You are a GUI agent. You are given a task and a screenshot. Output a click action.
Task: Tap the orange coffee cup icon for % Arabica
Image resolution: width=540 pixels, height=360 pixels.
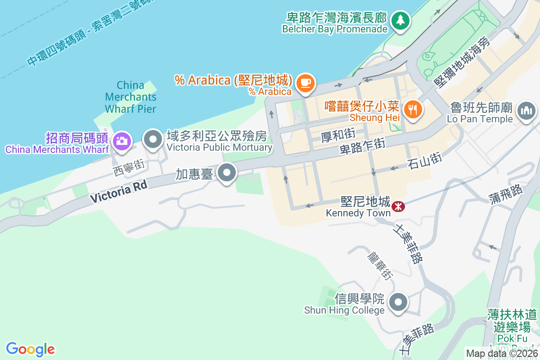(306, 82)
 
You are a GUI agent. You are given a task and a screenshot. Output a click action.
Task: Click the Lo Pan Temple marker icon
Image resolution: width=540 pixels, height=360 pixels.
(526, 110)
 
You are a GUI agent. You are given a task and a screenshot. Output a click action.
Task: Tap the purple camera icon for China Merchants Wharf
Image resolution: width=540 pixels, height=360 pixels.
(121, 140)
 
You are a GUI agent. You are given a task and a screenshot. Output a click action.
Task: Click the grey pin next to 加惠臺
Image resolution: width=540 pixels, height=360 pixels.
(227, 173)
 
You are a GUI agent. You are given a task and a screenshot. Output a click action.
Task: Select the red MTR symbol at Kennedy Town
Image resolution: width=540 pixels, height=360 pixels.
(398, 207)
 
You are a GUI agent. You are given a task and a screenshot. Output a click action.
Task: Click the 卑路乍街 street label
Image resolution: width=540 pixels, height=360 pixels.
(362, 147)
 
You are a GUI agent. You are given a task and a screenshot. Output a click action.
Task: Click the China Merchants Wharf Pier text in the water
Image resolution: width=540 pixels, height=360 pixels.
(130, 97)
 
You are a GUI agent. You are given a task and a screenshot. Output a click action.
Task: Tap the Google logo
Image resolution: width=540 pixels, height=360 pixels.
(30, 349)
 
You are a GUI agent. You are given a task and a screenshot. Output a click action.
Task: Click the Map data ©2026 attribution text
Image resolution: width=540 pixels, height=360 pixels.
(502, 354)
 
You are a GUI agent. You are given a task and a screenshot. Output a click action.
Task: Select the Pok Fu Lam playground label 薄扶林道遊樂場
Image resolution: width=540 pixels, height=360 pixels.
(512, 320)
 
